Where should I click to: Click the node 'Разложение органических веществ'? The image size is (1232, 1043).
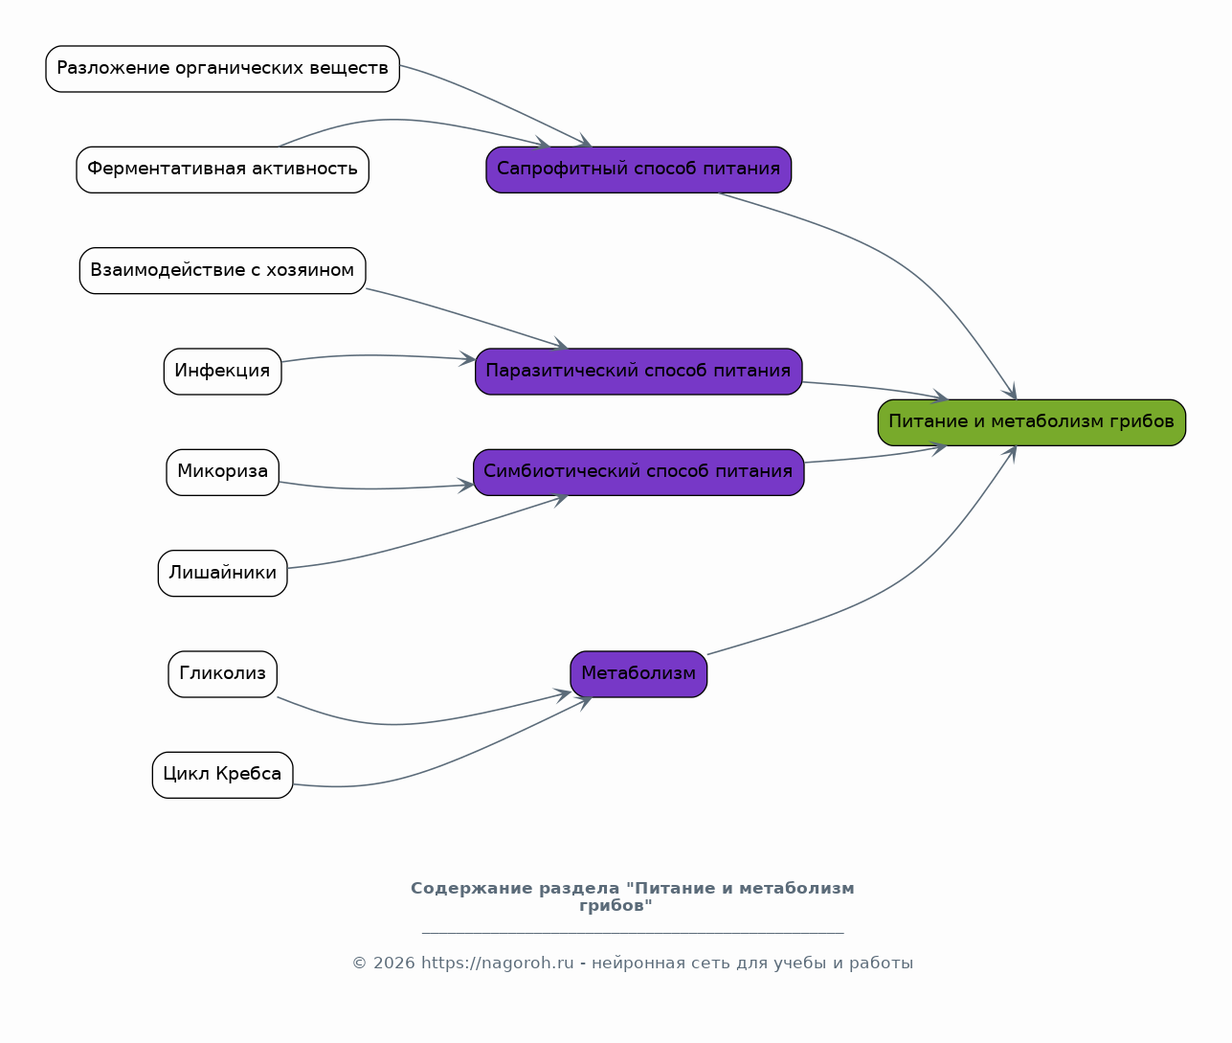tap(222, 69)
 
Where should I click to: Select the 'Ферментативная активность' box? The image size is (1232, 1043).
tap(222, 170)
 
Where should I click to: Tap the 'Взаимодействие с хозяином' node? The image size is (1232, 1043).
tap(222, 271)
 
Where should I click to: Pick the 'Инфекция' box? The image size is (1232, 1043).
tap(222, 372)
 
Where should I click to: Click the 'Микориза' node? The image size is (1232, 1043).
tap(222, 472)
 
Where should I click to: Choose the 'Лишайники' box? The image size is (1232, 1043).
tap(222, 573)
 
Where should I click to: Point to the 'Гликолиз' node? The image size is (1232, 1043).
tap(222, 674)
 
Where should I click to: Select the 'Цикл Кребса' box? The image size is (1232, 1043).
tap(222, 775)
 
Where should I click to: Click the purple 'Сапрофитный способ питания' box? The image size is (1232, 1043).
tap(638, 170)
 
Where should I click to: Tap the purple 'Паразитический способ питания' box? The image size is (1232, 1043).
tap(638, 372)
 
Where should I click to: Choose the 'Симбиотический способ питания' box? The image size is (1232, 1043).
tap(638, 472)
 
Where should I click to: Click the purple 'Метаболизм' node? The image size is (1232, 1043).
tap(638, 674)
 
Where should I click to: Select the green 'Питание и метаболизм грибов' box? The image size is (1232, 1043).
tap(1032, 422)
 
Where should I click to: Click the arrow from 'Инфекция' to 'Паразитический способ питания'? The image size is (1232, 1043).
tap(375, 355)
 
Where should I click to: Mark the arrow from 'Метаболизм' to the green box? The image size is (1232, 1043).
tap(912, 573)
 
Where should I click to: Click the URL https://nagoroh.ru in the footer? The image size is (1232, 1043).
tap(497, 964)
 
